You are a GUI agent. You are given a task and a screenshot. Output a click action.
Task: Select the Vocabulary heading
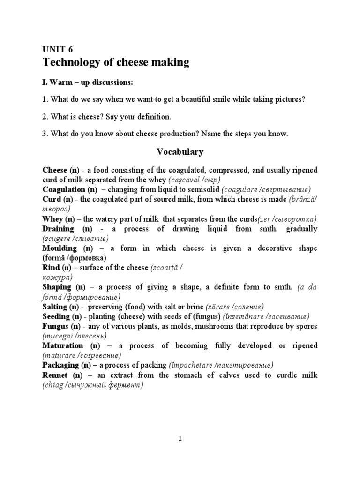tap(180, 151)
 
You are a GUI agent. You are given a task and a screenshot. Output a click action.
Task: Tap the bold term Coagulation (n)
tap(69, 189)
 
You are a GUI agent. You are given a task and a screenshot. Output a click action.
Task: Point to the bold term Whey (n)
tap(58, 219)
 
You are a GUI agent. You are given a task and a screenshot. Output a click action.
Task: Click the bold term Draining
tap(58, 229)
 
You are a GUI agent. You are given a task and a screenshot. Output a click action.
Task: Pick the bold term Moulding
tap(60, 248)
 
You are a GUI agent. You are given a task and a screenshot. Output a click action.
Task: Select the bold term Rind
tap(51, 268)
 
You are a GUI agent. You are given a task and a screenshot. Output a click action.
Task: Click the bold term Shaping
tap(57, 287)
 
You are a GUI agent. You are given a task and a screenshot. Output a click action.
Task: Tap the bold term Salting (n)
tap(61, 307)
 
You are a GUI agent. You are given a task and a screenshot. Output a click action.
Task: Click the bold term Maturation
tap(64, 345)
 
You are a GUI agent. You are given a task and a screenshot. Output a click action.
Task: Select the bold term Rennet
tap(55, 375)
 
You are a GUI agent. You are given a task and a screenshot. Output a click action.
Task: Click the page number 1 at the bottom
tap(180, 439)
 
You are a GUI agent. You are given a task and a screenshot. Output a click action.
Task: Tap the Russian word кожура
tap(56, 277)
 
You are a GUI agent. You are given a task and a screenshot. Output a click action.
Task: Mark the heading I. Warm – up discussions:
tap(88, 82)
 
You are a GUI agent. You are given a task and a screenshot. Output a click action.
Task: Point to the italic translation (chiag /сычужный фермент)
tap(93, 385)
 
